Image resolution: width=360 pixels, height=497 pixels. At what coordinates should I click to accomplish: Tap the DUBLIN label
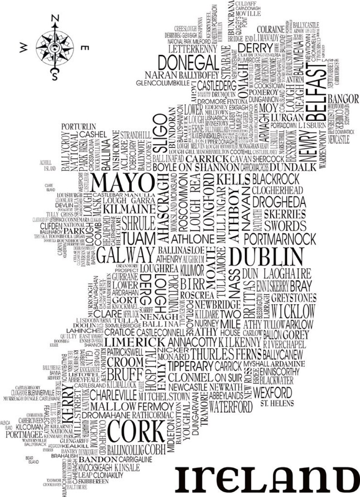pyautogui.click(x=266, y=257)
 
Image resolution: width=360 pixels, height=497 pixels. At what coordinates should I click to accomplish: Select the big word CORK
pyautogui.click(x=136, y=431)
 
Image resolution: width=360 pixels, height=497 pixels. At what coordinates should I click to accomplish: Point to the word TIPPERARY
pyautogui.click(x=190, y=366)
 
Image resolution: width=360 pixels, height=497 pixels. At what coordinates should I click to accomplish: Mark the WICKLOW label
pyautogui.click(x=293, y=312)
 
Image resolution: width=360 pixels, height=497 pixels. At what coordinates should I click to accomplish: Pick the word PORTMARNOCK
pyautogui.click(x=280, y=239)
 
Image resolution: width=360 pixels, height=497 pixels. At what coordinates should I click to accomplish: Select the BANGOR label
pyautogui.click(x=343, y=98)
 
